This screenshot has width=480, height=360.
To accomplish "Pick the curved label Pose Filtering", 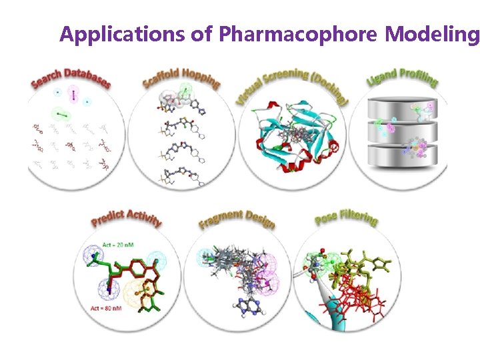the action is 347,214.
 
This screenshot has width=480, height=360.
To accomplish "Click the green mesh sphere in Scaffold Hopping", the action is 186,89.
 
